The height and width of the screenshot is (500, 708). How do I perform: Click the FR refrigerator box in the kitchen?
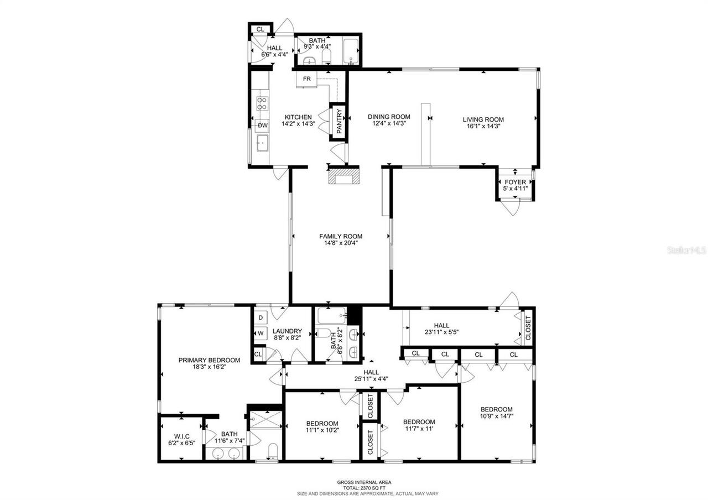tap(306, 79)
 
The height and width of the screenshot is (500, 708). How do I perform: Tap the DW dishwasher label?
tap(262, 126)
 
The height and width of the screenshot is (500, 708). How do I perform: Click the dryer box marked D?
tap(261, 318)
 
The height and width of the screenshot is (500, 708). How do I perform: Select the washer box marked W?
tap(261, 334)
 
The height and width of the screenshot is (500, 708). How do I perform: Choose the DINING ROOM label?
tap(389, 117)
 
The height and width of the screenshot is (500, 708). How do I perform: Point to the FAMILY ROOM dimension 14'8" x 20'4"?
tap(341, 243)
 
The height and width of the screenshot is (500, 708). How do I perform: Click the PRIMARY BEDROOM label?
tap(209, 360)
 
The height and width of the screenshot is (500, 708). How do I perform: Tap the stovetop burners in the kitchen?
tap(262, 103)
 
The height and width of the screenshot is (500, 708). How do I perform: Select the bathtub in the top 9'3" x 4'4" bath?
tap(351, 51)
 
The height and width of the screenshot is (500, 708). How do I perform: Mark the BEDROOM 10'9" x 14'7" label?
tap(496, 409)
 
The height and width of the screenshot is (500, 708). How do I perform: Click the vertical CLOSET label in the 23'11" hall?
tap(528, 328)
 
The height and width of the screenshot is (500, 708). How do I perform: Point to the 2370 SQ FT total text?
tap(364, 488)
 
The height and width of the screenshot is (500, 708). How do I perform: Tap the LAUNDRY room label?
tap(287, 331)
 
